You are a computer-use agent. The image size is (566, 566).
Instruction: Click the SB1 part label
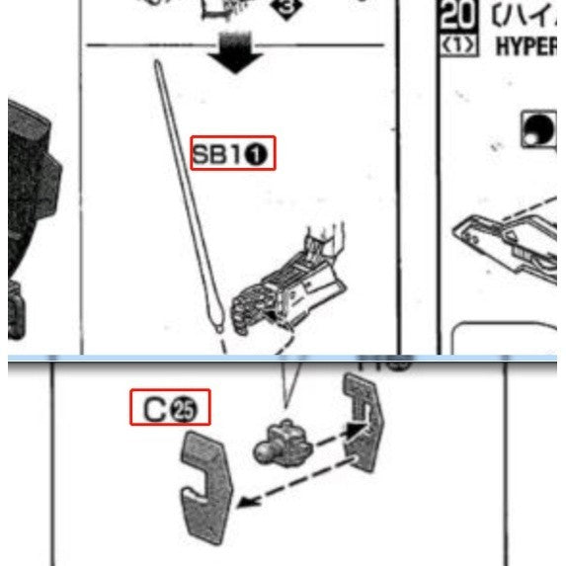click(x=232, y=153)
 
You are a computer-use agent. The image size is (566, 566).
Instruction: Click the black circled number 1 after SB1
click(x=262, y=154)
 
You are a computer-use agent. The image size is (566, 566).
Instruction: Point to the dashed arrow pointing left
click(x=296, y=484)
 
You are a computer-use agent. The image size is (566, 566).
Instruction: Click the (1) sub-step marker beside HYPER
click(x=459, y=45)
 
